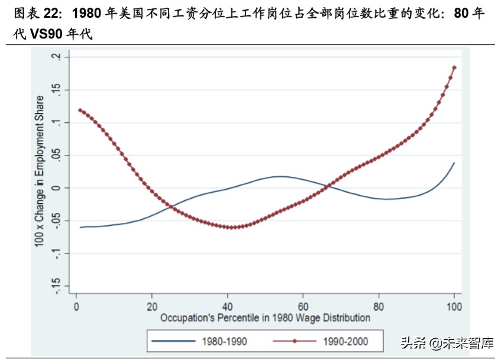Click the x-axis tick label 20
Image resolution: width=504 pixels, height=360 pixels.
[x=152, y=306]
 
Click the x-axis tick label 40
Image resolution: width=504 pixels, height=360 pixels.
[x=228, y=306]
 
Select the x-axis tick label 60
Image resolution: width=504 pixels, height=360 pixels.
[x=303, y=306]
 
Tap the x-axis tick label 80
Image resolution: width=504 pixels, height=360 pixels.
[x=379, y=306]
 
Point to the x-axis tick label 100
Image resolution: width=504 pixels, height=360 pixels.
[x=454, y=306]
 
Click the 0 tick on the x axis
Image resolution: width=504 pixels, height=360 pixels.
[x=76, y=306]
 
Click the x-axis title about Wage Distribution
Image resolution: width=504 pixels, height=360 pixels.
[x=265, y=317]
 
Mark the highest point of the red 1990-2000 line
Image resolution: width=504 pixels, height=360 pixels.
[x=454, y=67]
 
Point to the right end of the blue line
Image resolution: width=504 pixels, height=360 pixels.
[x=454, y=163]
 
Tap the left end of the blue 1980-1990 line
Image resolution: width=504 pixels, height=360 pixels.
[x=80, y=227]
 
